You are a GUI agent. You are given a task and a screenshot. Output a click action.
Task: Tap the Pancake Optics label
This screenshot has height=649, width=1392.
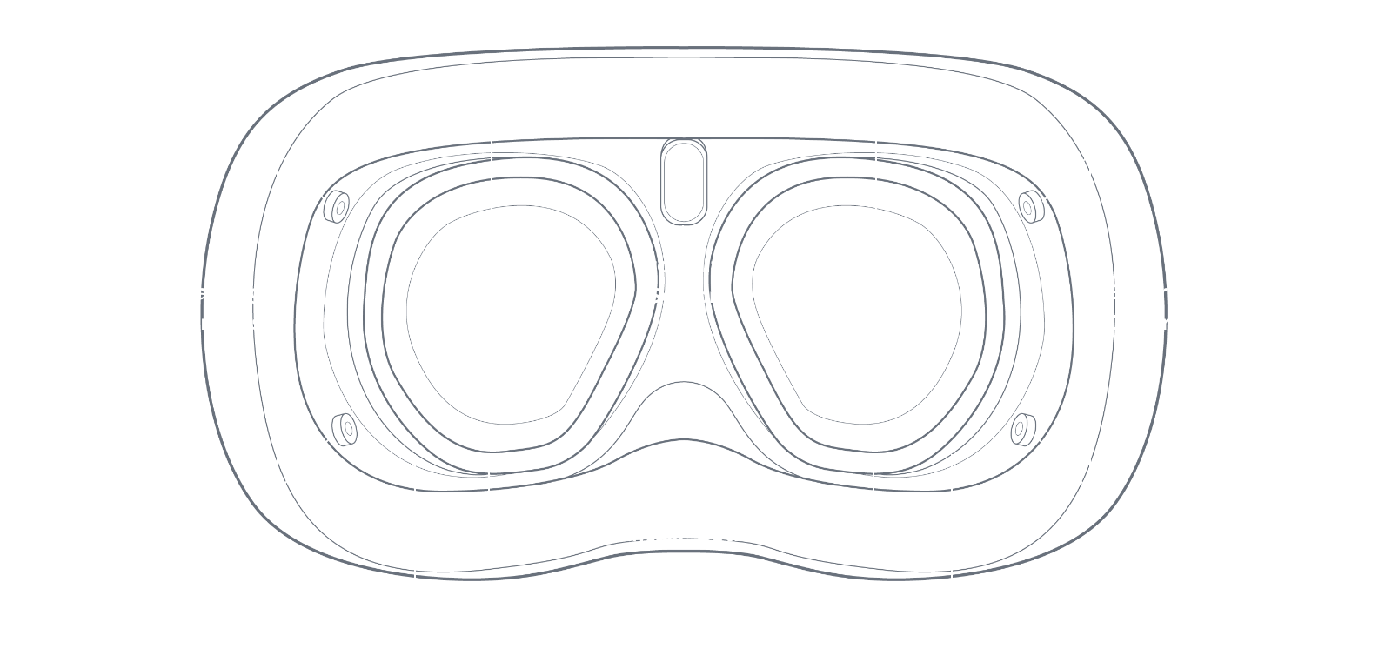[x=683, y=533]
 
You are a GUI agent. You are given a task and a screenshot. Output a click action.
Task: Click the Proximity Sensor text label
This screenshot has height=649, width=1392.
[x=683, y=280]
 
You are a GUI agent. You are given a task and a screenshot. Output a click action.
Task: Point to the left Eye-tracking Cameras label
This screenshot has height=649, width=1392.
[x=198, y=307]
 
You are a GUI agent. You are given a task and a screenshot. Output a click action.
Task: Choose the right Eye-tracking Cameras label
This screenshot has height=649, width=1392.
[x=1168, y=307]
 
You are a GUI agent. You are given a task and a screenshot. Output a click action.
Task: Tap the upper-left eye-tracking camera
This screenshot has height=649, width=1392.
[x=336, y=206]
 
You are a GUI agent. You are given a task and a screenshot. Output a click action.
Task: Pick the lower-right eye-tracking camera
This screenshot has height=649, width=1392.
[x=1023, y=428]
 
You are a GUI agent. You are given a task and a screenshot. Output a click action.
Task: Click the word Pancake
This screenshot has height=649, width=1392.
[x=644, y=534]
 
